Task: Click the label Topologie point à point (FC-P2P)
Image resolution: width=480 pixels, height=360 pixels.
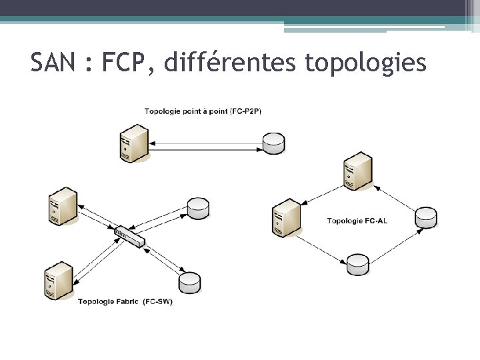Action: pyautogui.click(x=203, y=111)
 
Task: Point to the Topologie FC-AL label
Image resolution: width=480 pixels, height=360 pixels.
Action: pyautogui.click(x=357, y=221)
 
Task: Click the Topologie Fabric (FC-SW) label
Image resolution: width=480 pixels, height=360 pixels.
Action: pyautogui.click(x=125, y=301)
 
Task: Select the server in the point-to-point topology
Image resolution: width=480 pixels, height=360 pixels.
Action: pyautogui.click(x=133, y=143)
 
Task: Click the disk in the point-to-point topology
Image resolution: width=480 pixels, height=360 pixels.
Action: pyautogui.click(x=273, y=143)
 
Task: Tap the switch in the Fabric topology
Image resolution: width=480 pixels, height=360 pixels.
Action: pyautogui.click(x=129, y=236)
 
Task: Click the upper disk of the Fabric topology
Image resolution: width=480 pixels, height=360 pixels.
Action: pyautogui.click(x=198, y=208)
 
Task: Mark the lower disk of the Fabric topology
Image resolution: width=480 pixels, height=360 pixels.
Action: pyautogui.click(x=190, y=283)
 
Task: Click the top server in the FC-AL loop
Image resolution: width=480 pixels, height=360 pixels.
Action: pyautogui.click(x=357, y=171)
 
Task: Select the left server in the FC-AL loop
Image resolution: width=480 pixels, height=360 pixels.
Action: pyautogui.click(x=285, y=217)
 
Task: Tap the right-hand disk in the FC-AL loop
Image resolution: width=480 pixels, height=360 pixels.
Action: pyautogui.click(x=426, y=217)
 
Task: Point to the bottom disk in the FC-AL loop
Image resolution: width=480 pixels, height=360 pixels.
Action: pyautogui.click(x=357, y=264)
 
